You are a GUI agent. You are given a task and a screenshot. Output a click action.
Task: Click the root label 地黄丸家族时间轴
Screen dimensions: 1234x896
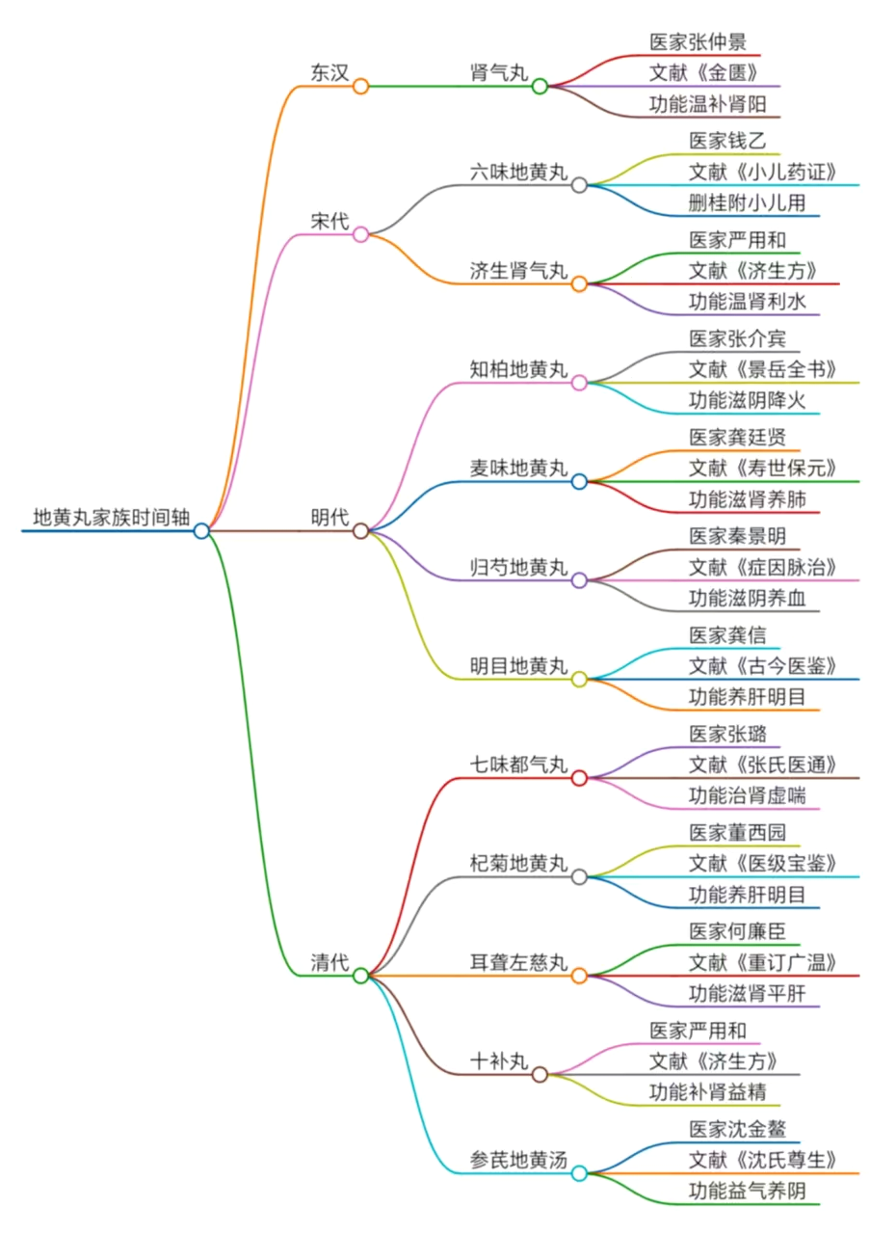click(x=112, y=517)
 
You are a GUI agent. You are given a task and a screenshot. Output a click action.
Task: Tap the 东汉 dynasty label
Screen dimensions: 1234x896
click(x=329, y=73)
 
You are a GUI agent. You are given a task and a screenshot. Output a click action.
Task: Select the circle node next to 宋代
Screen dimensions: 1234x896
click(x=360, y=233)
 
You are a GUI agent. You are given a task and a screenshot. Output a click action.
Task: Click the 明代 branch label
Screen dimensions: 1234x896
click(x=329, y=518)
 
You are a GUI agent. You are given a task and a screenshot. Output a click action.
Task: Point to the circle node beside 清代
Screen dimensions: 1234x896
click(x=360, y=975)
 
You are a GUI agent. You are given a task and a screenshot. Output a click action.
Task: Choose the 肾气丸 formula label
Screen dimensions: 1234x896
click(x=499, y=73)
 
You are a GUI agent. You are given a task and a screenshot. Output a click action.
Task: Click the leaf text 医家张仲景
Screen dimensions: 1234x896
click(x=698, y=42)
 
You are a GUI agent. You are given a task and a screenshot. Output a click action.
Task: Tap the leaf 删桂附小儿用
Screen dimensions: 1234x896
click(x=748, y=203)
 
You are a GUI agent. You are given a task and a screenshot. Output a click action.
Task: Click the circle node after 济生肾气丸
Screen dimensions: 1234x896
click(x=579, y=283)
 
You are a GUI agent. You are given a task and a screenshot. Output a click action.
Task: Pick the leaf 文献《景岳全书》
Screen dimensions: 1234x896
click(x=762, y=369)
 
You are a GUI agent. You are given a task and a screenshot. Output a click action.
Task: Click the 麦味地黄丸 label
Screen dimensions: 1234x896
click(x=518, y=469)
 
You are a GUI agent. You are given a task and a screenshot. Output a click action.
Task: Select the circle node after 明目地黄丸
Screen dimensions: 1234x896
click(x=579, y=679)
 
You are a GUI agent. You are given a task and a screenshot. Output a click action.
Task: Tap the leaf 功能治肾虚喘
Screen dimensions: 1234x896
click(x=748, y=795)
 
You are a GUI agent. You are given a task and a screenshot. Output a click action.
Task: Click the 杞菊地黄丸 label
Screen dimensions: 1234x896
click(x=518, y=864)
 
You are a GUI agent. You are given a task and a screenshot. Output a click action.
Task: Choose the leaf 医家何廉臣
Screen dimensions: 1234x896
click(x=738, y=931)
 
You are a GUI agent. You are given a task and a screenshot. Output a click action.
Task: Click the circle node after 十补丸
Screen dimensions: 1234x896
click(x=540, y=1074)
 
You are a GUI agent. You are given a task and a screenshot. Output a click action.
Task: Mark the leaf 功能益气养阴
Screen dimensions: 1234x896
click(x=748, y=1191)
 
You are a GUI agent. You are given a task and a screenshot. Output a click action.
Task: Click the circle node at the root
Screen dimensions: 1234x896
click(x=201, y=530)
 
